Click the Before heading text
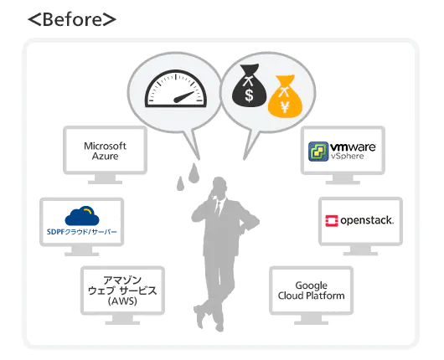point(72,19)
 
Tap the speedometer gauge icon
point(176,89)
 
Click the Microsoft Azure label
point(105,151)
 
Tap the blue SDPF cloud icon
point(82,216)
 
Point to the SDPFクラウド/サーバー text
point(82,232)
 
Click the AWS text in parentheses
point(122,301)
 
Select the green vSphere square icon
point(318,152)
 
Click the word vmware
point(353,147)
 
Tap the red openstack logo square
point(332,221)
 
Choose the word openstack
point(367,220)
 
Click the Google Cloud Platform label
point(311,291)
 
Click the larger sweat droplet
point(194,172)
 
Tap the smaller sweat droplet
point(180,183)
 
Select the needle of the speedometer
point(184,97)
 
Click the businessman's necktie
point(218,208)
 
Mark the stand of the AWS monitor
point(122,320)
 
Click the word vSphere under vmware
point(348,157)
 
